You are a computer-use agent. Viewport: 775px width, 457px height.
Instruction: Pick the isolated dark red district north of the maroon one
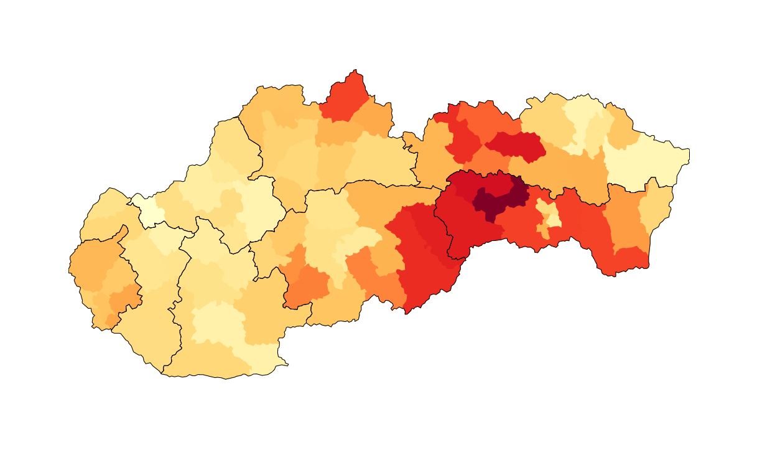pyautogui.click(x=516, y=145)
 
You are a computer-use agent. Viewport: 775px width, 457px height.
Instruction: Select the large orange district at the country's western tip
pyautogui.click(x=93, y=265)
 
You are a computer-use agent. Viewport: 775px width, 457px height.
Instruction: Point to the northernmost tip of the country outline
pyautogui.click(x=355, y=70)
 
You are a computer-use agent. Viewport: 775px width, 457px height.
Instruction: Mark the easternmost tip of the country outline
pyautogui.click(x=689, y=150)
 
